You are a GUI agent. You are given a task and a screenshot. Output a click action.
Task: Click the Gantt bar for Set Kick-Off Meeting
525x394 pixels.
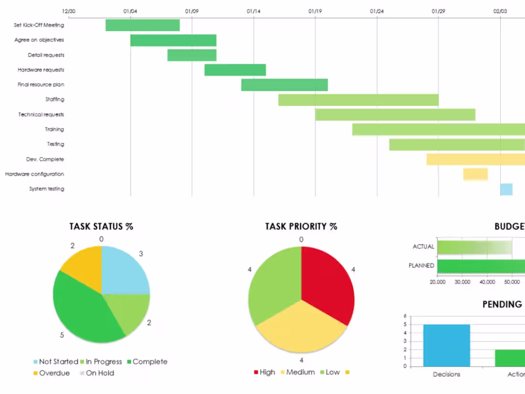coord(142,25)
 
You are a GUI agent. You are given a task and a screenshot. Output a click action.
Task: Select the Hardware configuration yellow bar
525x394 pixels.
coord(475,174)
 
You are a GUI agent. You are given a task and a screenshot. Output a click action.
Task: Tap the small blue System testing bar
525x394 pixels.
coord(506,189)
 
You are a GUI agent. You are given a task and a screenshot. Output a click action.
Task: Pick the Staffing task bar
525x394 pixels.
coord(358,100)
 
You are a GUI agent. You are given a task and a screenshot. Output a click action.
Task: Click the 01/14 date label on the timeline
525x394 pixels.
coord(253,11)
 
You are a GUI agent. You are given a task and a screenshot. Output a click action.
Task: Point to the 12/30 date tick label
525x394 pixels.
coord(69,11)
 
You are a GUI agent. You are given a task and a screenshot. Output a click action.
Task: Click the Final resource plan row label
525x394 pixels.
coord(41,85)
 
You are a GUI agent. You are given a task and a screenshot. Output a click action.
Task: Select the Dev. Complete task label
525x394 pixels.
coord(45,160)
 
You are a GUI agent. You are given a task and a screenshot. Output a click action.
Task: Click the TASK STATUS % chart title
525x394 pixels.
coord(101,226)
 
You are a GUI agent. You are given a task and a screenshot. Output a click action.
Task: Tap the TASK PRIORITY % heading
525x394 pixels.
coord(301,226)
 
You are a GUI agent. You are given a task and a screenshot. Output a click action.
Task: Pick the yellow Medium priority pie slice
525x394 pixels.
coord(301,327)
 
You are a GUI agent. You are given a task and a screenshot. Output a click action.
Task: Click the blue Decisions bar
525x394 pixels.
coord(446,345)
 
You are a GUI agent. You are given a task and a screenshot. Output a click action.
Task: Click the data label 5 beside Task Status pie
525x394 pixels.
coord(62,335)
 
